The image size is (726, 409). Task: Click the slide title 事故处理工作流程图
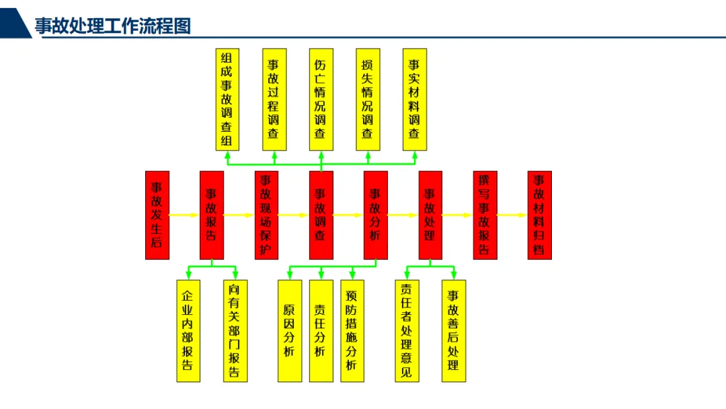pyautogui.click(x=113, y=26)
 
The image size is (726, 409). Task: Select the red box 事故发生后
pyautogui.click(x=157, y=215)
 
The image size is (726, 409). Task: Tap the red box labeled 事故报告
pyautogui.click(x=211, y=215)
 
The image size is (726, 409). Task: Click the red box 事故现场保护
pyautogui.click(x=266, y=215)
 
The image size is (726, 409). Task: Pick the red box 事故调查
pyautogui.click(x=321, y=215)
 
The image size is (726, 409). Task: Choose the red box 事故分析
pyautogui.click(x=375, y=215)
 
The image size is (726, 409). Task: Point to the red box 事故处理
pyautogui.click(x=430, y=215)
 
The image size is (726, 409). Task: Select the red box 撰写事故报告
pyautogui.click(x=485, y=215)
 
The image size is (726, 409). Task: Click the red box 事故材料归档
pyautogui.click(x=539, y=215)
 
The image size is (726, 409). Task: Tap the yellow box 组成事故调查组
pyautogui.click(x=227, y=99)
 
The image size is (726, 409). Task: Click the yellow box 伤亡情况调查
pyautogui.click(x=321, y=99)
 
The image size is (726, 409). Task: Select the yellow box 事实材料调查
pyautogui.click(x=414, y=99)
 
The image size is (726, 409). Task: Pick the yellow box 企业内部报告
pyautogui.click(x=188, y=330)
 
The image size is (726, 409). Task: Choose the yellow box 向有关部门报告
pyautogui.click(x=235, y=330)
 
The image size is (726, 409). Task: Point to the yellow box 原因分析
pyautogui.click(x=290, y=330)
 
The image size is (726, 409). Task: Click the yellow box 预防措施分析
pyautogui.click(x=352, y=330)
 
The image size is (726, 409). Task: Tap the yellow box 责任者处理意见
pyautogui.click(x=407, y=330)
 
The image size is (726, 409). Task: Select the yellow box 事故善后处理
pyautogui.click(x=454, y=330)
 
